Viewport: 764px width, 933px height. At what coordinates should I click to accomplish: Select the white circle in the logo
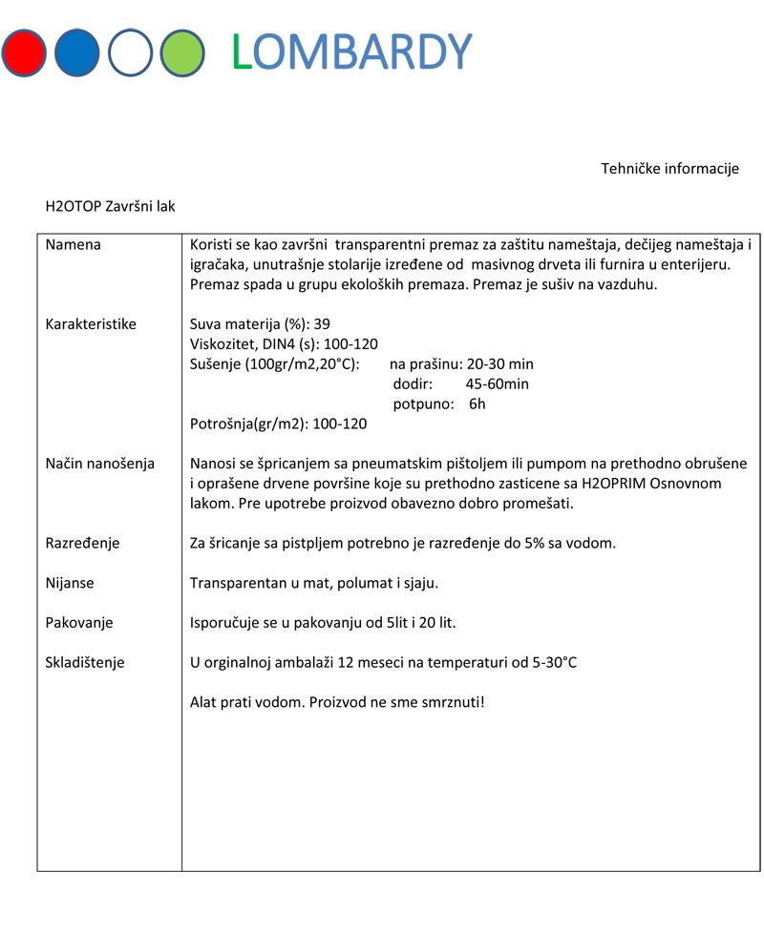point(131,52)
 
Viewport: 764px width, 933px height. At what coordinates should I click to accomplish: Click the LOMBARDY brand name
point(352,52)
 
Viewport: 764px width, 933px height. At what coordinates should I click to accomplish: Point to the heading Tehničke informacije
point(669,169)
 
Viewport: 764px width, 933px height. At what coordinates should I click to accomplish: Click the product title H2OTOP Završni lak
point(110,205)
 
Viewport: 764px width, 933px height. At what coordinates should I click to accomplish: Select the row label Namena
point(74,244)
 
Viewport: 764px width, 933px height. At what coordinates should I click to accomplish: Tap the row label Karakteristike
point(91,324)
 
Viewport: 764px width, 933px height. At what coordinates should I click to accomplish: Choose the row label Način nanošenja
point(100,464)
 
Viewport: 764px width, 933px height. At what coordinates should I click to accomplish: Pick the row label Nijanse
point(70,583)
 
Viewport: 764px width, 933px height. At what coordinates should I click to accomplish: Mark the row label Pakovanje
point(79,623)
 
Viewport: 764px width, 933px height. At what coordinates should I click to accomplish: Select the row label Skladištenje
point(85,663)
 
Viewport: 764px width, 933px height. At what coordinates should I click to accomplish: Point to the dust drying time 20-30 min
point(500,364)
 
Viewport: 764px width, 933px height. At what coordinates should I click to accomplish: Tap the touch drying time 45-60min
point(497,384)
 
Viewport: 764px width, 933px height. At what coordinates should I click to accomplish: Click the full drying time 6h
point(477,404)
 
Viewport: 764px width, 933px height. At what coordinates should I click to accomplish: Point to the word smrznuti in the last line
point(448,703)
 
